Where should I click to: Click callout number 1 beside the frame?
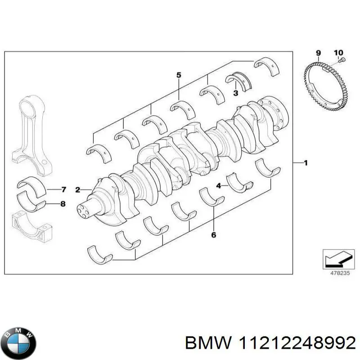[x=306, y=163]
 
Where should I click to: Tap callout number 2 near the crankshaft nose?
[x=77, y=190]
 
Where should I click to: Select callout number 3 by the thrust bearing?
[x=235, y=93]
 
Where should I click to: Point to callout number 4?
[x=218, y=185]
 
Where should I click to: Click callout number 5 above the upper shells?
[x=178, y=75]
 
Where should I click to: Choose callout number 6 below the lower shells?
[x=213, y=234]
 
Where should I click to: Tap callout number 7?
[x=63, y=189]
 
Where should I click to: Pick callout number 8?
[x=63, y=204]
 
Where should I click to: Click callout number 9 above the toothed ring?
[x=318, y=53]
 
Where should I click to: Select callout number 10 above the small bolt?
[x=338, y=53]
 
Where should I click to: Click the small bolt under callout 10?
[x=341, y=60]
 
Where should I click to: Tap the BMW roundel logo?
[x=18, y=336]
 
